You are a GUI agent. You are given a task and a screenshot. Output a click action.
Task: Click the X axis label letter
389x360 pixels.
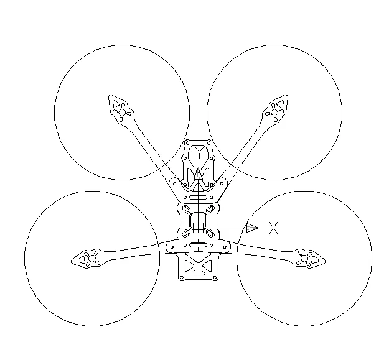(273, 228)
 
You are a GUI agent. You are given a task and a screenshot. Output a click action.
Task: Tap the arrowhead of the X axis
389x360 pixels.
(251, 228)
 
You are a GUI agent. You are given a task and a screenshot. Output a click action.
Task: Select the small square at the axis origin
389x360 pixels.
(198, 228)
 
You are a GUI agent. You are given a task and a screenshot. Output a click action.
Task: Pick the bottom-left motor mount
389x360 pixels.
(90, 258)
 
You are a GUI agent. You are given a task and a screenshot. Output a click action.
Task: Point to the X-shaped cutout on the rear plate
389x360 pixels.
(198, 267)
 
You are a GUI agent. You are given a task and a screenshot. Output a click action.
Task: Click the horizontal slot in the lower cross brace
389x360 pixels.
(198, 247)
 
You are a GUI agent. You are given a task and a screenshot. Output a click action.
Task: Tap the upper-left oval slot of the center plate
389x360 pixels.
(185, 208)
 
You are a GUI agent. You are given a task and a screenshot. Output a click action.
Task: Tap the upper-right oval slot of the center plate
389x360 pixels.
(211, 208)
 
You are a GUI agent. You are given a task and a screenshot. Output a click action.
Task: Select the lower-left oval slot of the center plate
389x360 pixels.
(185, 233)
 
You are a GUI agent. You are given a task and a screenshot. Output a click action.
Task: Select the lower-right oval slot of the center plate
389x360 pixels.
(211, 233)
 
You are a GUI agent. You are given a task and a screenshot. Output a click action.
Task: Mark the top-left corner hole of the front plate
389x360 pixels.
(188, 144)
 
